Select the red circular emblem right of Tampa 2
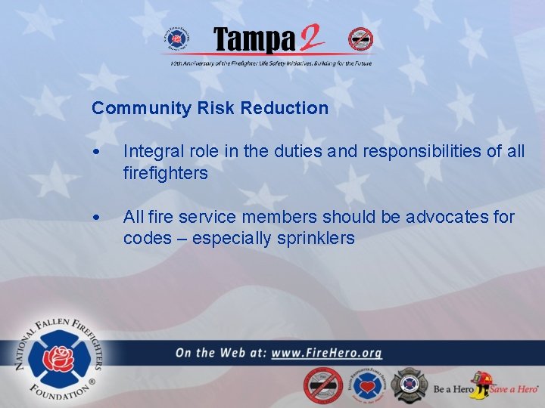click(x=360, y=39)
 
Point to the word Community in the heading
click(x=142, y=108)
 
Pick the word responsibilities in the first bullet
click(x=424, y=151)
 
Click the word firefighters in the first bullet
click(x=165, y=173)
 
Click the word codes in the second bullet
click(x=147, y=239)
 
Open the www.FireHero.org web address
click(x=326, y=353)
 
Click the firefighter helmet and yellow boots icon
click(x=479, y=385)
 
